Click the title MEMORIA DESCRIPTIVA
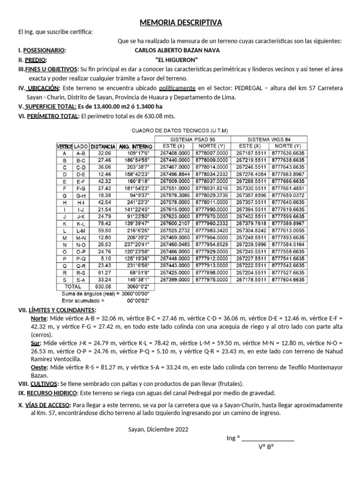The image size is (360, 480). click(x=180, y=23)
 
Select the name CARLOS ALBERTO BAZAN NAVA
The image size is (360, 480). click(x=177, y=50)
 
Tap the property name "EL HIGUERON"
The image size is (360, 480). click(x=177, y=60)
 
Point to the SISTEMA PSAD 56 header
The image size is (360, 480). click(x=193, y=139)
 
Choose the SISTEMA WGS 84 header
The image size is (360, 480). click(x=269, y=139)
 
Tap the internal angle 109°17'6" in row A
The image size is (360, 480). click(x=137, y=153)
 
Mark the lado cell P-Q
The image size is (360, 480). click(x=81, y=258)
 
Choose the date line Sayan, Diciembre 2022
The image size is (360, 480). click(x=159, y=429)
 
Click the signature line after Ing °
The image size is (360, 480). click(x=268, y=439)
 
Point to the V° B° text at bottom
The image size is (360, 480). click(x=266, y=446)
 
